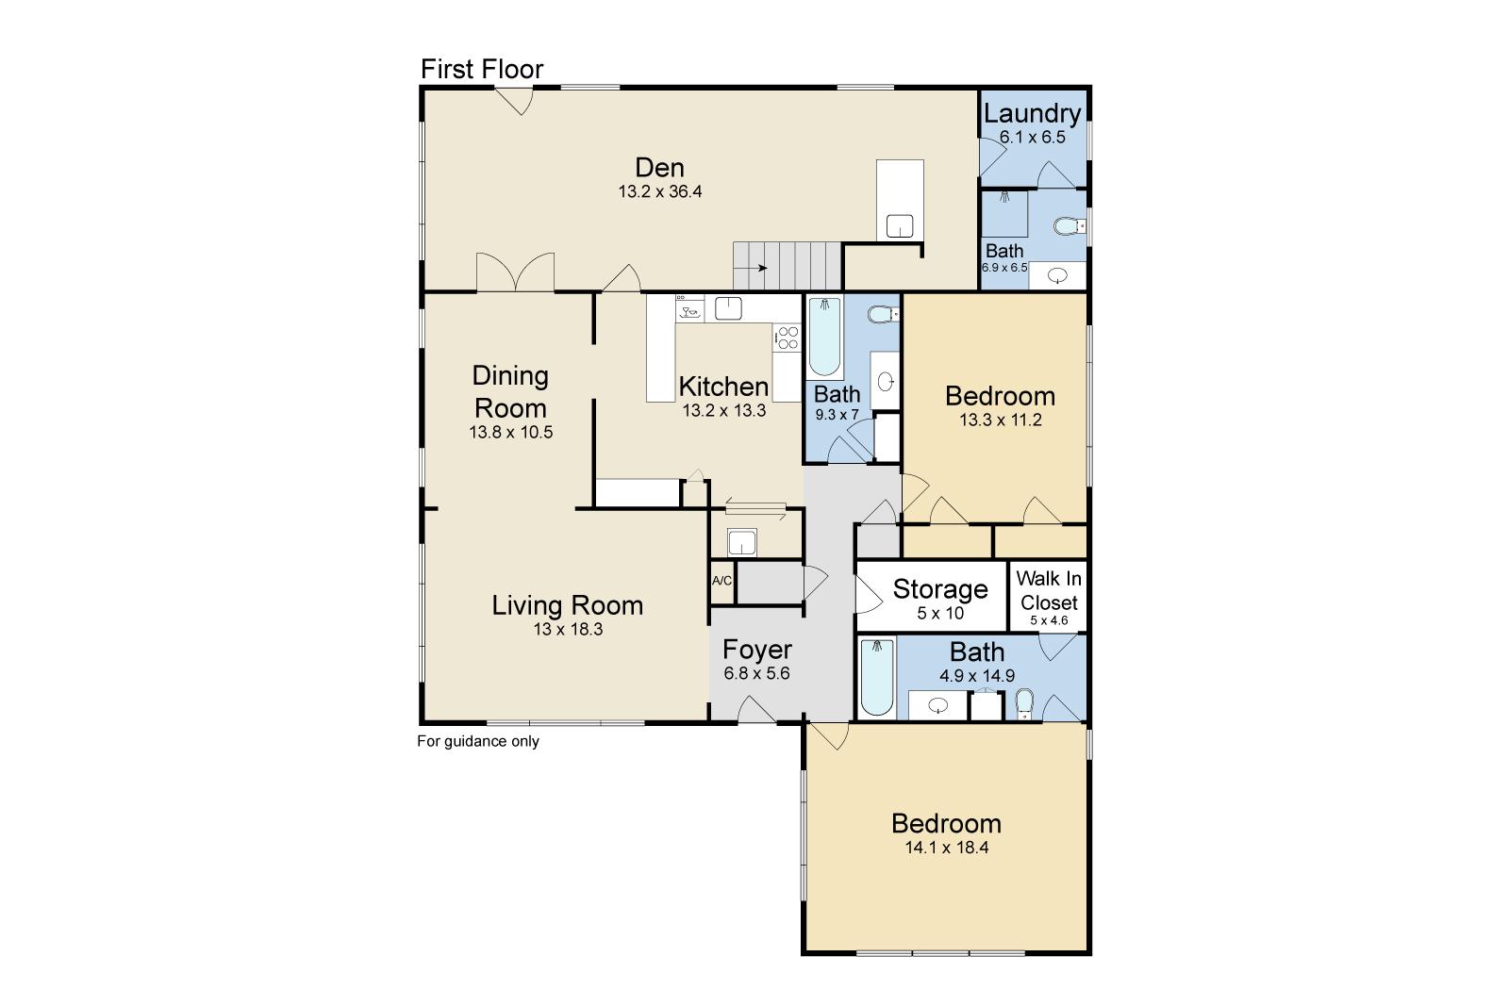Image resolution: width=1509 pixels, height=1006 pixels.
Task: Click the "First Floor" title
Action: (482, 69)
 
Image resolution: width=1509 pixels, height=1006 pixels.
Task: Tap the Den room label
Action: (659, 167)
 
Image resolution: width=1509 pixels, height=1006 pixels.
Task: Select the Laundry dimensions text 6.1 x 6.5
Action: (1032, 138)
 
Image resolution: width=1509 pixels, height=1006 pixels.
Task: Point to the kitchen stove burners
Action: (787, 338)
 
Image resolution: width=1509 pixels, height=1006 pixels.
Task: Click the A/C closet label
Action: (721, 581)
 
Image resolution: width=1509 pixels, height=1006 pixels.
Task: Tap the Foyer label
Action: (757, 649)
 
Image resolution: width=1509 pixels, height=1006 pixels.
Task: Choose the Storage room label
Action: (940, 588)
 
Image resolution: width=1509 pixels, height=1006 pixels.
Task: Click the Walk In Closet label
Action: (1049, 590)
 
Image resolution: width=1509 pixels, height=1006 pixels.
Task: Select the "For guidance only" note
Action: (478, 741)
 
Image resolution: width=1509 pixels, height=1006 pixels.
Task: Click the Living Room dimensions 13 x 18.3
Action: (568, 629)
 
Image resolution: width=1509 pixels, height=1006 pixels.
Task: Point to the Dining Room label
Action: (510, 392)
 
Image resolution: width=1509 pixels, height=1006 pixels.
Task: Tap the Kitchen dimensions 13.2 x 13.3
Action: (724, 411)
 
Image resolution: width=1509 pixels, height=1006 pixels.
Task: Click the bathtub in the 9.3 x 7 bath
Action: (824, 337)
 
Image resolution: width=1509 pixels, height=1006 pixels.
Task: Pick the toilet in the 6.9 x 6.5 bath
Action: (1070, 225)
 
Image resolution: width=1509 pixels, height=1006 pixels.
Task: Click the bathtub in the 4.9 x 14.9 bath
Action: (876, 677)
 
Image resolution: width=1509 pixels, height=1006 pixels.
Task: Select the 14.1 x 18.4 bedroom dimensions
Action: (947, 848)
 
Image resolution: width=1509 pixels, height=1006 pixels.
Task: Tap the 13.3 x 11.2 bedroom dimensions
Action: (1001, 421)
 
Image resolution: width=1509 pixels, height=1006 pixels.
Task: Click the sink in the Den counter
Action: (900, 225)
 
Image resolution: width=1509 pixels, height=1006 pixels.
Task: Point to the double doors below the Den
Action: (515, 272)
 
